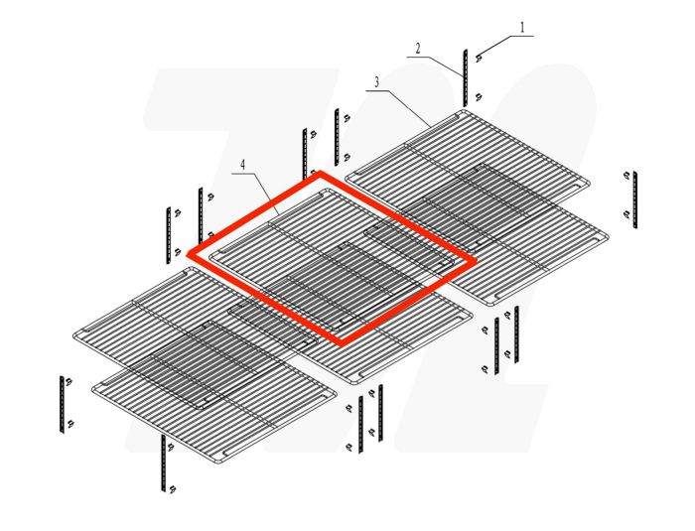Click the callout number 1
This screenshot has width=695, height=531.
pos(522,27)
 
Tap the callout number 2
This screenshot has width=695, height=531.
pos(419,48)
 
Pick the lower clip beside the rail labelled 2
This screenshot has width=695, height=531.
pos(479,96)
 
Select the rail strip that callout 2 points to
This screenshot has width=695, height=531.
pos(464,75)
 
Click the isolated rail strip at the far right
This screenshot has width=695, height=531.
pos(635,199)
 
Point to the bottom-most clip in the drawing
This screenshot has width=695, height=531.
pos(172,487)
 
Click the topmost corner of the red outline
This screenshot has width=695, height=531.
pos(321,174)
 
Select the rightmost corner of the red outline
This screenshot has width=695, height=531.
pos(473,261)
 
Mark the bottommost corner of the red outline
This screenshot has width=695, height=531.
pos(343,343)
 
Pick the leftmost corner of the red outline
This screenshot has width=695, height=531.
pos(190,255)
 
